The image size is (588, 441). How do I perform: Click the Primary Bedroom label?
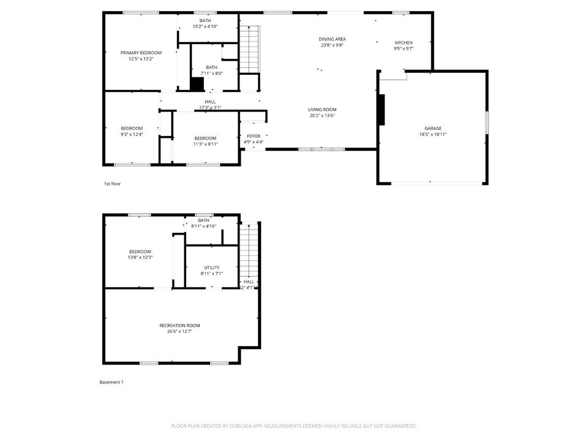tap(141, 53)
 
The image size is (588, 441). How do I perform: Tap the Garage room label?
tap(433, 128)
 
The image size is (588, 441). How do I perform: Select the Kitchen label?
tap(403, 42)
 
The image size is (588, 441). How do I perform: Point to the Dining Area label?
tap(332, 39)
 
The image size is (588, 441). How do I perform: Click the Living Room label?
tap(322, 110)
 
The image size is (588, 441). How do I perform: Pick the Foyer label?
tap(254, 136)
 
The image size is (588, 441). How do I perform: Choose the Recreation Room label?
tap(179, 325)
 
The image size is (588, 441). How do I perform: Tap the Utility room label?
tap(211, 268)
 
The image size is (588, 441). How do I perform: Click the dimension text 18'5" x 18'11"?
tap(433, 134)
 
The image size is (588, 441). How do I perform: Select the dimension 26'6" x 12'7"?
tap(179, 331)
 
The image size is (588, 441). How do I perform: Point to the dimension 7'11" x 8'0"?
tap(211, 73)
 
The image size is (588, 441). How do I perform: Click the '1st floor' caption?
tap(112, 183)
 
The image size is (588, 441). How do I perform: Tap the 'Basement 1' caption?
tap(111, 382)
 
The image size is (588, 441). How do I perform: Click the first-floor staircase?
tap(249, 49)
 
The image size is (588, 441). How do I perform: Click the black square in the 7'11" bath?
tap(197, 85)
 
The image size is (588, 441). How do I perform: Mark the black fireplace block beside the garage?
tap(381, 110)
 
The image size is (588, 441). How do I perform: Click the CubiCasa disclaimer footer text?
tap(294, 426)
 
